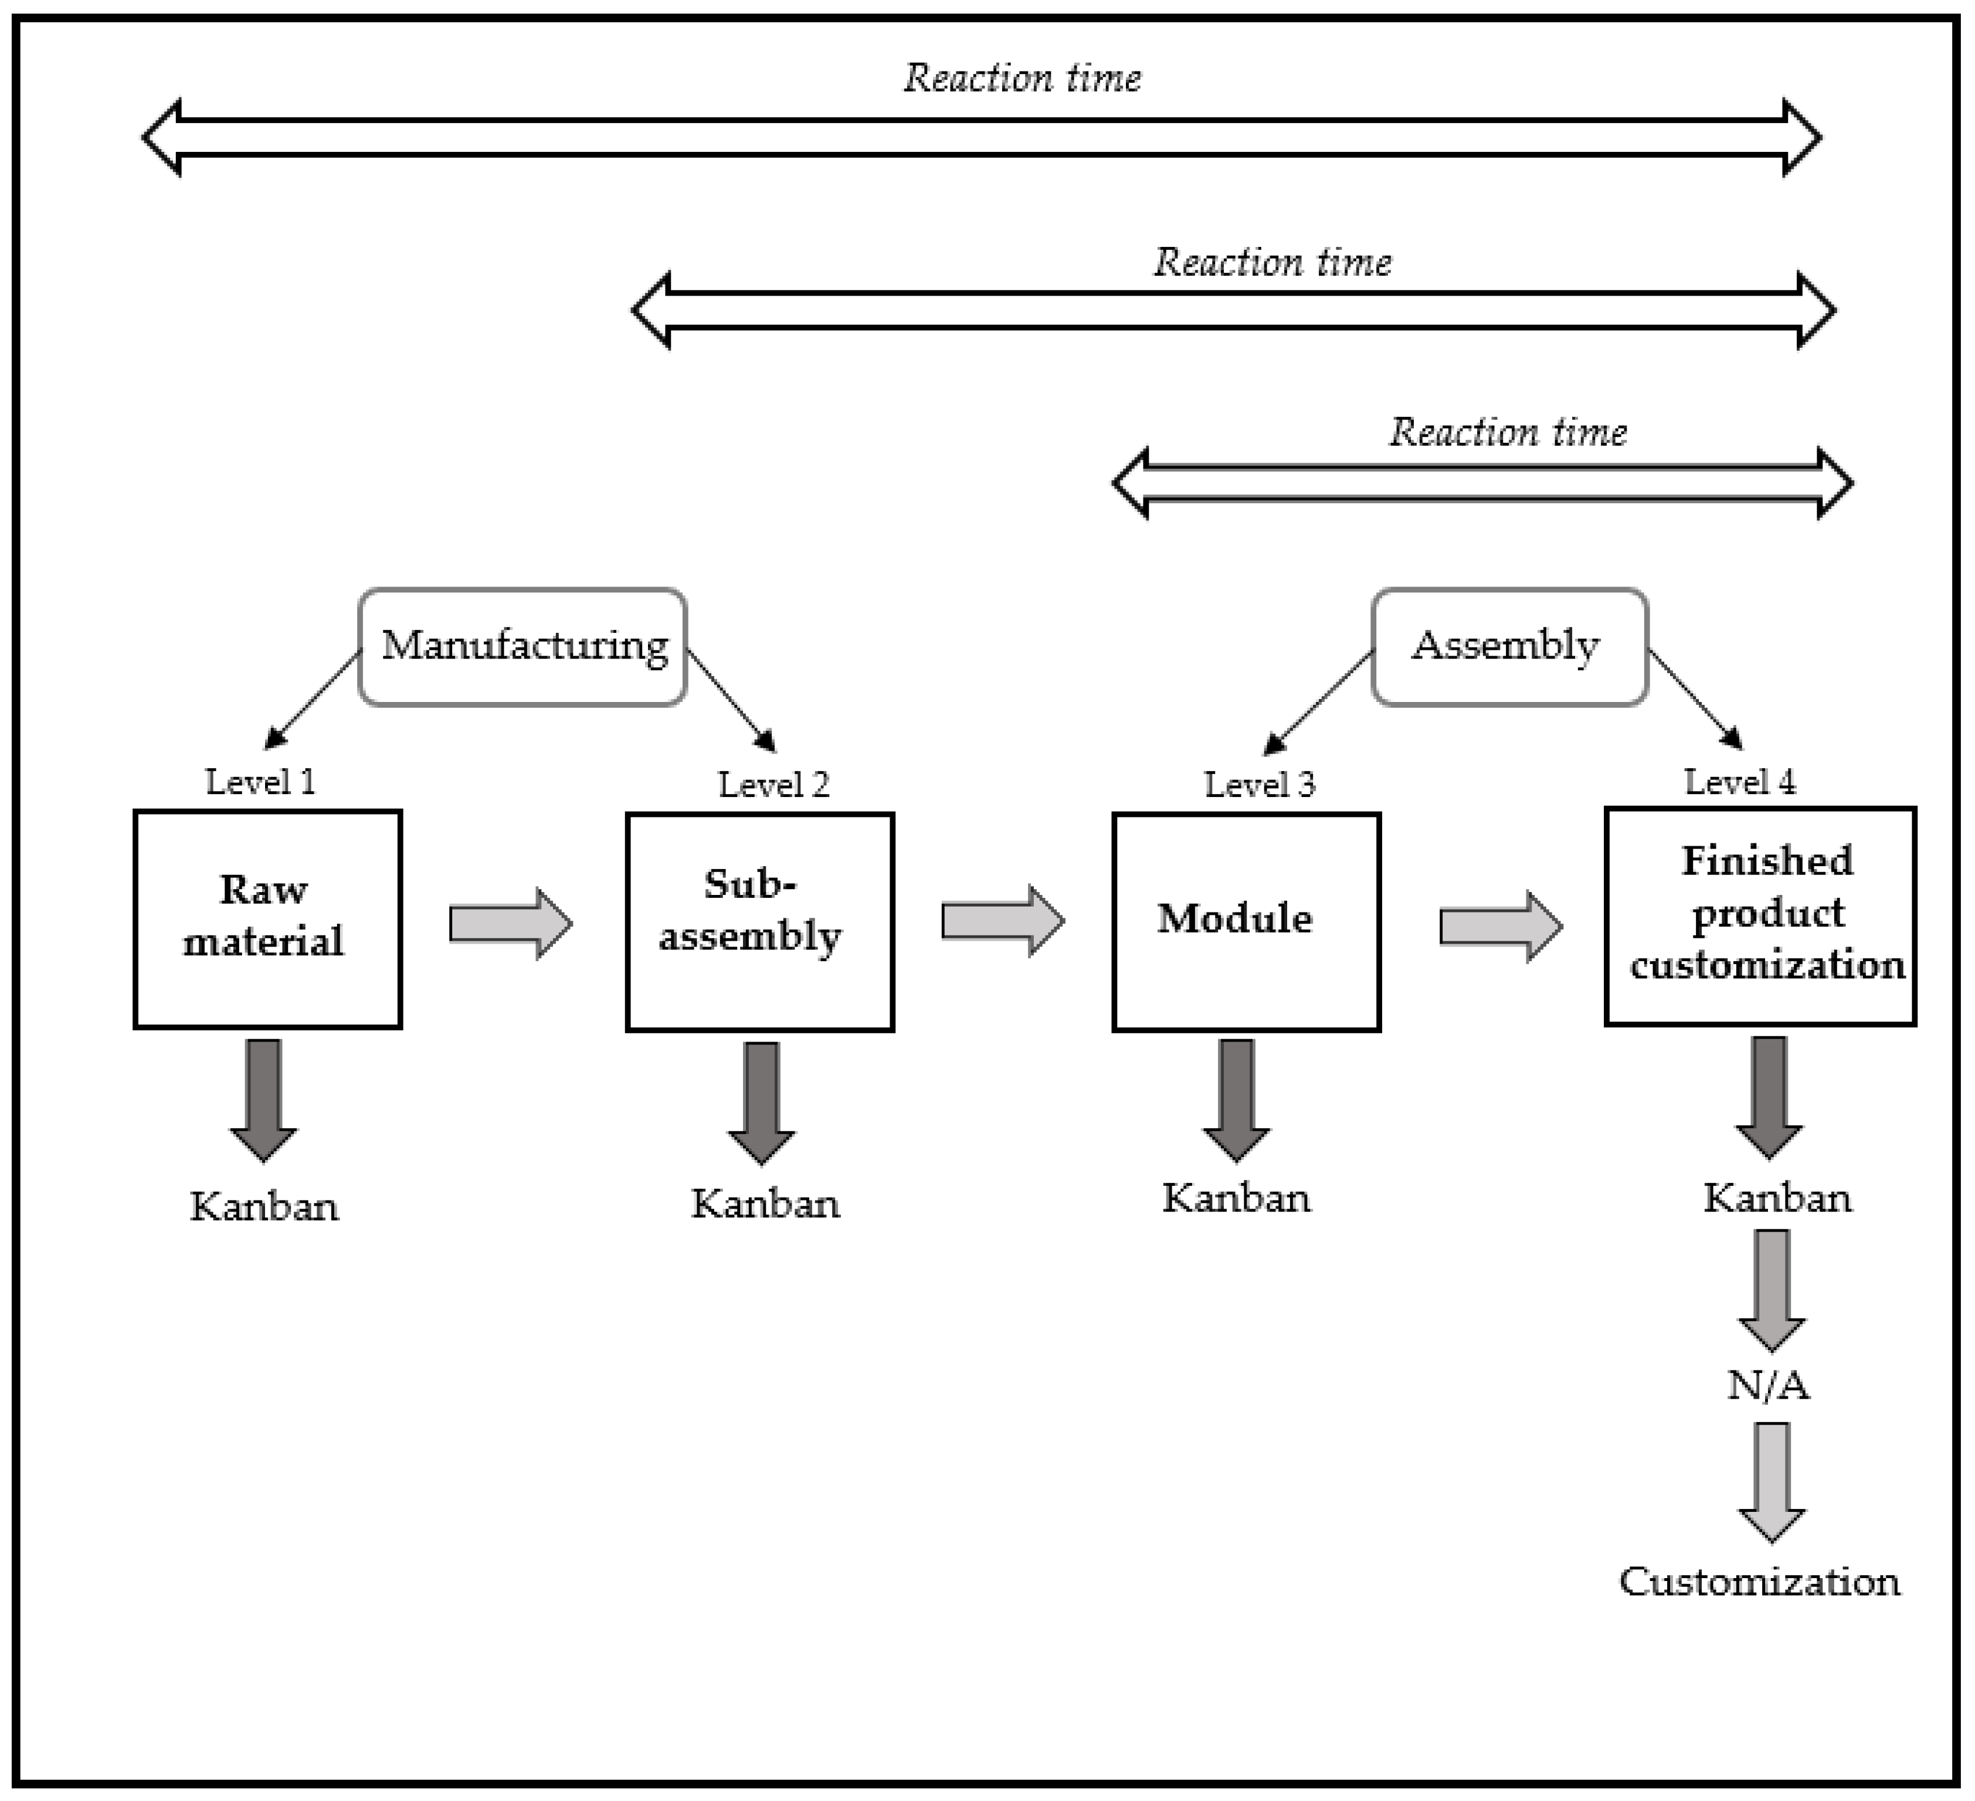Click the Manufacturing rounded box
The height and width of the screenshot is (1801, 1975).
pos(522,647)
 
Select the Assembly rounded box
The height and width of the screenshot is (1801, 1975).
pos(1509,647)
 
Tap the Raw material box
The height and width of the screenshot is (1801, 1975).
pos(267,919)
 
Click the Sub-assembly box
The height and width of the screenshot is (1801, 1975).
pos(759,921)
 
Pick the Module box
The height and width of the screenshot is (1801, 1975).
pos(1246,921)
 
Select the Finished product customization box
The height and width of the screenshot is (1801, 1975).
pos(1759,916)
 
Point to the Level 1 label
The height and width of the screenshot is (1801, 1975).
pos(260,782)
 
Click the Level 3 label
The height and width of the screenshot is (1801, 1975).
pos(1260,785)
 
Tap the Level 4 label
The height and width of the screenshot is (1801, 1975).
pos(1740,782)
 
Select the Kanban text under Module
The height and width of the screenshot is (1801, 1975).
pos(1236,1198)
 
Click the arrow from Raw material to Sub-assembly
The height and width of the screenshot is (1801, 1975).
pos(510,923)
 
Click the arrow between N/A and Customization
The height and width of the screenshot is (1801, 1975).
pos(1772,1480)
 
